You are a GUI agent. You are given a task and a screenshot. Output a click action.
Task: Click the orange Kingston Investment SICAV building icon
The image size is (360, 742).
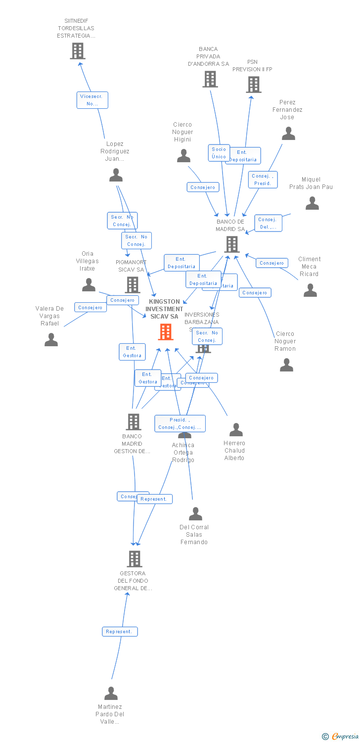[x=166, y=332]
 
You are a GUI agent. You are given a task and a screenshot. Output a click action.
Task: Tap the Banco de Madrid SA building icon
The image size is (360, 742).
[x=231, y=244]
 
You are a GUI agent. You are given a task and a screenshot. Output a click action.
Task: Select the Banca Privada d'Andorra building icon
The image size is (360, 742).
[x=210, y=79]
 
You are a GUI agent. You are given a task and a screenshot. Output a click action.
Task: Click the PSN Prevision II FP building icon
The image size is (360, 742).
[x=253, y=85]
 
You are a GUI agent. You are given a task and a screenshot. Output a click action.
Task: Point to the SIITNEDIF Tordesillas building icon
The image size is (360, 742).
[x=77, y=51]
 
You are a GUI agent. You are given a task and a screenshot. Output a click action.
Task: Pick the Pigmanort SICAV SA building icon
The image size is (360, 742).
[x=132, y=285]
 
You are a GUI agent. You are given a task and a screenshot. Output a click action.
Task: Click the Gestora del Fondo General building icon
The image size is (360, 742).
[x=134, y=559]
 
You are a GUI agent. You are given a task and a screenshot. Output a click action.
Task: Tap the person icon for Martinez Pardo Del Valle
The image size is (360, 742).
[x=111, y=694]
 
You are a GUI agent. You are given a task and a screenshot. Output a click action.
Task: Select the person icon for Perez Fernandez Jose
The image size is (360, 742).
[x=288, y=134]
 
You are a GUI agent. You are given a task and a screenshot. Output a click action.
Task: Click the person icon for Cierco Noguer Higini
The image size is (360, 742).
[x=183, y=156]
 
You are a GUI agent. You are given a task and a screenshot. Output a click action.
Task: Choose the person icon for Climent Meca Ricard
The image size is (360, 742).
[x=310, y=290]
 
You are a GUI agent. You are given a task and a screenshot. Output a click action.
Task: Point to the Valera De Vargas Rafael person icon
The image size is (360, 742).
[x=51, y=340]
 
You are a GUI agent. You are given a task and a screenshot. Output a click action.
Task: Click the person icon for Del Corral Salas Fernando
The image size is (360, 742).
[x=195, y=514]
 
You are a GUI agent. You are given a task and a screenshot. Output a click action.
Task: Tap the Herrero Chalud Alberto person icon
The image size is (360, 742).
[x=236, y=430]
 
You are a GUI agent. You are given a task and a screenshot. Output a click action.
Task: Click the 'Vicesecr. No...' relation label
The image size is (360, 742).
[x=92, y=100]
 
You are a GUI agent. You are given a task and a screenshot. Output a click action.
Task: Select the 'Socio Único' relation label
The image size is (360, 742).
[x=219, y=153]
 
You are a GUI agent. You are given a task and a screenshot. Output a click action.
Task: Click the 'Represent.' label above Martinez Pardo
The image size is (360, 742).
[x=120, y=632]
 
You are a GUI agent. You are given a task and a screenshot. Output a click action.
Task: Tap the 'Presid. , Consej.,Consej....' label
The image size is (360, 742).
[x=180, y=423]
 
